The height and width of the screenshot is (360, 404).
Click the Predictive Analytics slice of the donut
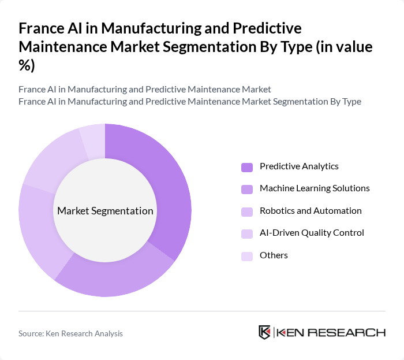pos(167,191)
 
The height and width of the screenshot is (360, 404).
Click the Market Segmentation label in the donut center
pos(105,211)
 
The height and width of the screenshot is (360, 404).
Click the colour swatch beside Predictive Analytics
pos(247,167)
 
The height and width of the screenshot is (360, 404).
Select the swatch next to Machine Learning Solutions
pos(247,189)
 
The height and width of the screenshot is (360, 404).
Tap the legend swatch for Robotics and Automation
pos(247,211)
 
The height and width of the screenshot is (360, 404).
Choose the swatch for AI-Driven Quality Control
pos(247,233)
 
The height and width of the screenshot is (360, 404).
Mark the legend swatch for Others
pos(247,256)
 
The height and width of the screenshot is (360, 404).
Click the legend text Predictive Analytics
pos(299,166)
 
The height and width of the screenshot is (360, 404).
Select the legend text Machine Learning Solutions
pos(315,188)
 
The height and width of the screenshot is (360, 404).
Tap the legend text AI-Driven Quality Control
pos(312,233)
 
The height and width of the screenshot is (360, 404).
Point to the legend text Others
pos(274,255)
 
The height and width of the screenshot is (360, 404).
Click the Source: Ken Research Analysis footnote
pos(70,333)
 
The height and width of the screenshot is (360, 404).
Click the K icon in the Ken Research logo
pos(264,332)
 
